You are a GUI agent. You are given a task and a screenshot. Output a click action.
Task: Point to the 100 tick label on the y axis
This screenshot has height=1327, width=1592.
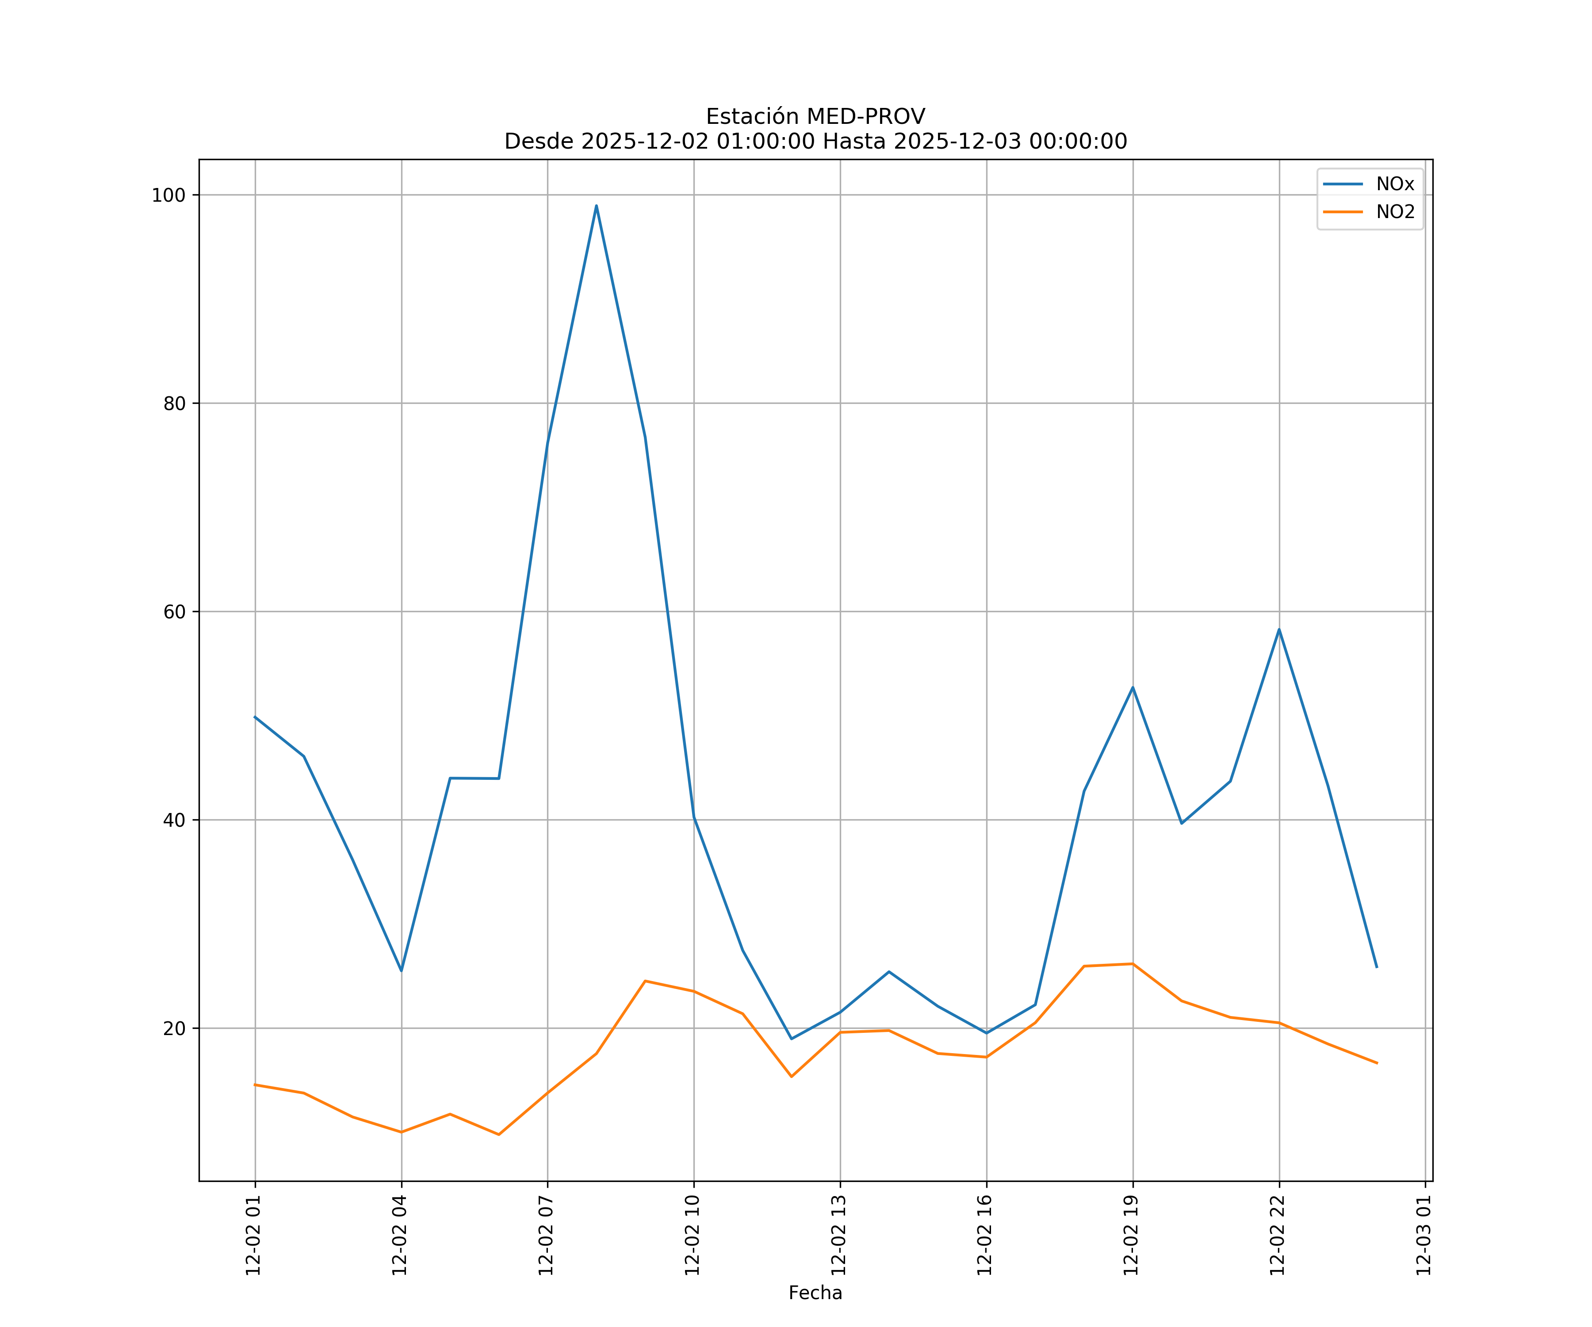pyautogui.click(x=168, y=195)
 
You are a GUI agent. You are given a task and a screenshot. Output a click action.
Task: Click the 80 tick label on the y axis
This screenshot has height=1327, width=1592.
pyautogui.click(x=174, y=403)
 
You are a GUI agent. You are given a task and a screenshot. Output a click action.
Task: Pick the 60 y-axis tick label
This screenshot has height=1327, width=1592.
pyautogui.click(x=174, y=612)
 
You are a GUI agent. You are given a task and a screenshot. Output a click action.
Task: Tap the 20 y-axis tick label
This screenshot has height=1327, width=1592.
pyautogui.click(x=174, y=1029)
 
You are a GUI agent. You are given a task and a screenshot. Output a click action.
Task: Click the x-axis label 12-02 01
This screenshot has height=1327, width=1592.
pyautogui.click(x=254, y=1235)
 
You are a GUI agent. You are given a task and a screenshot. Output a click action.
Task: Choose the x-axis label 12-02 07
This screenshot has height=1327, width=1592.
pyautogui.click(x=547, y=1235)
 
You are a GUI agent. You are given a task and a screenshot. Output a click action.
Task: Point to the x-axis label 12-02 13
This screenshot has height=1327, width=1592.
pyautogui.click(x=839, y=1235)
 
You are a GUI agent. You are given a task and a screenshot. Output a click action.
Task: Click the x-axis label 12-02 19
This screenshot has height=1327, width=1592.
pyautogui.click(x=1132, y=1235)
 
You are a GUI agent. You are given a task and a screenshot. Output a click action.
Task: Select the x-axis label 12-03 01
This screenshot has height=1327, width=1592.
pyautogui.click(x=1424, y=1235)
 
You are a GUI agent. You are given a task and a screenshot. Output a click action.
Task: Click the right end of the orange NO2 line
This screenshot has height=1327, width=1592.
pyautogui.click(x=1377, y=1063)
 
